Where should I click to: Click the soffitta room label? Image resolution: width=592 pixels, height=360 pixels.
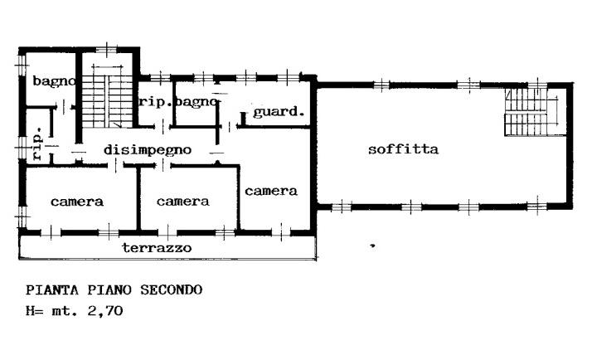pyautogui.click(x=403, y=148)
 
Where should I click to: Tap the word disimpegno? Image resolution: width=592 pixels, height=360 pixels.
pyautogui.click(x=148, y=150)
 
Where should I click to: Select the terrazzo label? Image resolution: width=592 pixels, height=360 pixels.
pyautogui.click(x=157, y=248)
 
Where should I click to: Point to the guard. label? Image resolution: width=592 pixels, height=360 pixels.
pyautogui.click(x=279, y=112)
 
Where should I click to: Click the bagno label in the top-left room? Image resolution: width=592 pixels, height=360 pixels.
pyautogui.click(x=54, y=80)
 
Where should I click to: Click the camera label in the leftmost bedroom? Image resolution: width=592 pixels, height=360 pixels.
pyautogui.click(x=77, y=202)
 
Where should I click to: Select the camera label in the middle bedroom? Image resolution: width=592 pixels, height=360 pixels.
pyautogui.click(x=183, y=202)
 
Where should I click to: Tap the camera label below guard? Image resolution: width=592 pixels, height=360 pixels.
pyautogui.click(x=271, y=191)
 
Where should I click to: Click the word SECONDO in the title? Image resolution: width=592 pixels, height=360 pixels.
pyautogui.click(x=172, y=290)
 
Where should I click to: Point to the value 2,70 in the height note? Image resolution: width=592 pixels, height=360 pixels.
pyautogui.click(x=105, y=311)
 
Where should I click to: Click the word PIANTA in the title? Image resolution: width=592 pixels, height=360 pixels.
pyautogui.click(x=52, y=290)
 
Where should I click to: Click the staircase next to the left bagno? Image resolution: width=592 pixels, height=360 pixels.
pyautogui.click(x=108, y=97)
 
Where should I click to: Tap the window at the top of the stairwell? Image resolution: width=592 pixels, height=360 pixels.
pyautogui.click(x=106, y=50)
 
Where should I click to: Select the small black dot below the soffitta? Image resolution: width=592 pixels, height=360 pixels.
pyautogui.click(x=372, y=246)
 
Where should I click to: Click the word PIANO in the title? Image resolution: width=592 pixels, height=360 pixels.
pyautogui.click(x=109, y=290)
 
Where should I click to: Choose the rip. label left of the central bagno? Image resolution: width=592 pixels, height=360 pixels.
pyautogui.click(x=155, y=102)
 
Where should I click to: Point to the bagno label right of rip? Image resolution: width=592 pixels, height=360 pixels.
pyautogui.click(x=197, y=102)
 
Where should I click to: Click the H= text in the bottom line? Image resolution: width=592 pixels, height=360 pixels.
pyautogui.click(x=35, y=311)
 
